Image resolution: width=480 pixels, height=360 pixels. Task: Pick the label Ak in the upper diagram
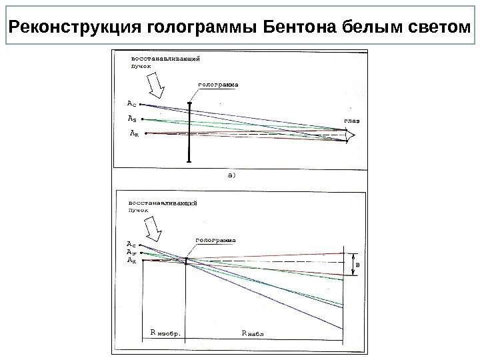[133, 133]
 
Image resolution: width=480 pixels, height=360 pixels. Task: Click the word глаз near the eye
[351, 121]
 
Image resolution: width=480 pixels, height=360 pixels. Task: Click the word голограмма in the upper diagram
[219, 85]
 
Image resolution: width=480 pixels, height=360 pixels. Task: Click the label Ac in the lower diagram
[131, 244]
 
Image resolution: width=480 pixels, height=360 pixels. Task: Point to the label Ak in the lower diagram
[131, 261]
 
